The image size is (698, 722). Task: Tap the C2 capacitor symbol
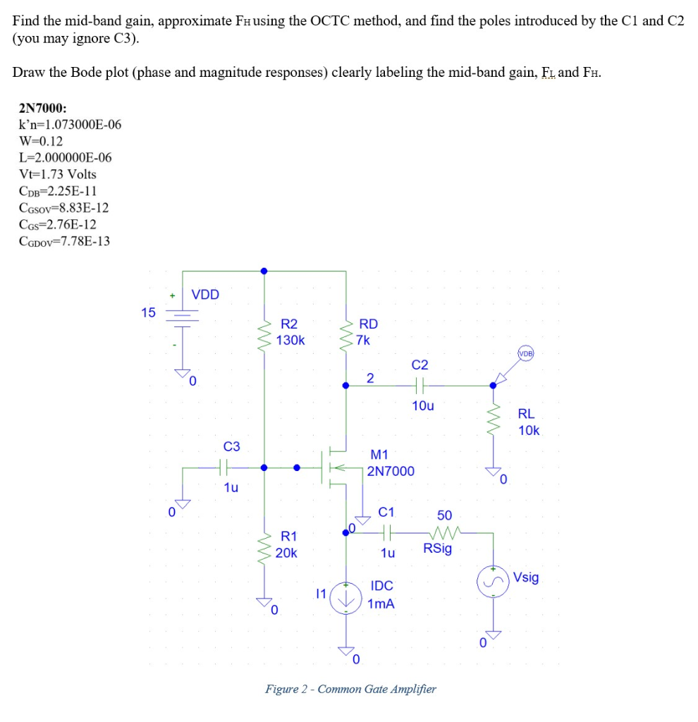tap(419, 385)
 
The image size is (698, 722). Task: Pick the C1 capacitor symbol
tap(386, 533)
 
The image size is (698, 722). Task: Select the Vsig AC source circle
tap(493, 581)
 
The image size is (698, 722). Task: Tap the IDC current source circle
tap(346, 597)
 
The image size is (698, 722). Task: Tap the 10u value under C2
tap(423, 406)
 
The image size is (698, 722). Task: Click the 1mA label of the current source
tap(381, 604)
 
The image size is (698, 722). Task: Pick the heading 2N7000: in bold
tap(43, 108)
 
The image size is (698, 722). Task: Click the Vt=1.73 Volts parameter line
tap(58, 174)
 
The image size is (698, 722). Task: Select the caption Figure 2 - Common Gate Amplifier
tap(350, 689)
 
